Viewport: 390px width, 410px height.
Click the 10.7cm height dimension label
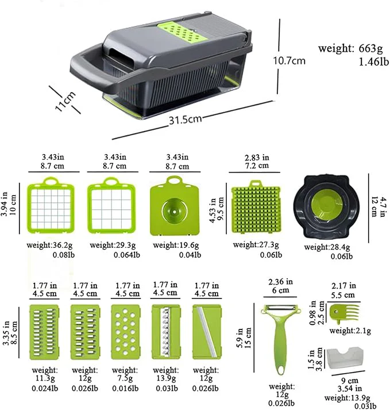289,61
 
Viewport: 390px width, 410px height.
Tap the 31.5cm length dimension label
185,120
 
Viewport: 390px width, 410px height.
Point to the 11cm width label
65,101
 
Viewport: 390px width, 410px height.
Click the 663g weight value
370,48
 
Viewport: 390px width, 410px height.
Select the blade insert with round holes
125,332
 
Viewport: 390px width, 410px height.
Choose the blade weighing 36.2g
51,205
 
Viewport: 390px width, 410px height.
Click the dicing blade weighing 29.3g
111,205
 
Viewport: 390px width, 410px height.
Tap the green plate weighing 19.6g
175,206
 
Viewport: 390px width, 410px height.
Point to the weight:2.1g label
350,331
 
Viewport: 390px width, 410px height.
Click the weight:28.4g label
327,247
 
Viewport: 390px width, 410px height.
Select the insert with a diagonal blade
207,332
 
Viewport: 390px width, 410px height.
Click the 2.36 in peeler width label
280,282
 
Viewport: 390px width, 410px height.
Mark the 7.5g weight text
125,378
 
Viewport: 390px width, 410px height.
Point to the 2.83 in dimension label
257,158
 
